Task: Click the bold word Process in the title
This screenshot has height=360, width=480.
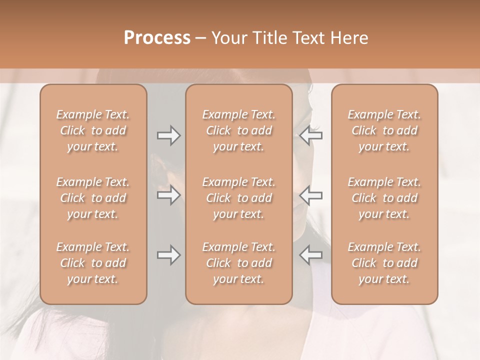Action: click(157, 38)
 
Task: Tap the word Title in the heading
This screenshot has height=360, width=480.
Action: click(270, 38)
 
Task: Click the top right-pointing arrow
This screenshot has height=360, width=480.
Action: click(168, 135)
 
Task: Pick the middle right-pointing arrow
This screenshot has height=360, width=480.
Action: click(168, 195)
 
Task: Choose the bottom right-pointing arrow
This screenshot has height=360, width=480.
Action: click(168, 255)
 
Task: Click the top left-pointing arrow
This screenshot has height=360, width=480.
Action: click(310, 135)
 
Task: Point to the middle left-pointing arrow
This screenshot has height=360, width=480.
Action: click(310, 195)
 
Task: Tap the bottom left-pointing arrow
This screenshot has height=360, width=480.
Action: click(310, 255)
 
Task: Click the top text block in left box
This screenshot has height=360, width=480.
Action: click(93, 130)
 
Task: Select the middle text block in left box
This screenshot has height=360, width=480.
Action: click(93, 198)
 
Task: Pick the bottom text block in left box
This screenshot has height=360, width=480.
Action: click(93, 263)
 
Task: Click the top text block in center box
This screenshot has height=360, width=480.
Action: click(239, 130)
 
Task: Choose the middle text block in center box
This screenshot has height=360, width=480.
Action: click(239, 198)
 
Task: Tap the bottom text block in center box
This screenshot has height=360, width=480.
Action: click(239, 263)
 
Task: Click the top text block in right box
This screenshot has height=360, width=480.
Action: click(384, 130)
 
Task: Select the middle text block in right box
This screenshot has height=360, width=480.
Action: click(384, 198)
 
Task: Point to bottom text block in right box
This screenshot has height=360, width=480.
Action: click(384, 263)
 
